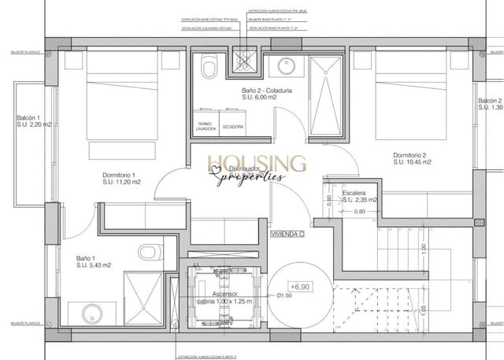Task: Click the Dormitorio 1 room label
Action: click(x=120, y=175)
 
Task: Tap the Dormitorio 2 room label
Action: click(x=410, y=155)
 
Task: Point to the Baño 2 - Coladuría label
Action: click(x=267, y=91)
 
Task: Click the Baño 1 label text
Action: click(x=87, y=258)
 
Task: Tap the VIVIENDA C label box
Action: click(x=287, y=234)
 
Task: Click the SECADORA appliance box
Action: click(x=232, y=127)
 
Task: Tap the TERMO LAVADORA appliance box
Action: click(x=206, y=127)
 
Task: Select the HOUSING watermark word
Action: click(x=257, y=163)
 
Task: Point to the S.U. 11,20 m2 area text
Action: click(x=121, y=182)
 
